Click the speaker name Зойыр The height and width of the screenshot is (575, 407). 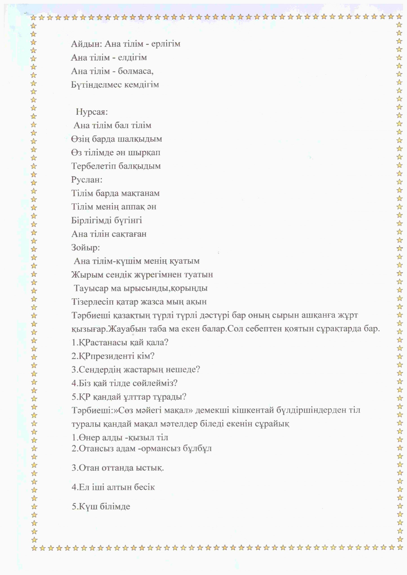85,248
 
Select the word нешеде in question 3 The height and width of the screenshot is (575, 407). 184,370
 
